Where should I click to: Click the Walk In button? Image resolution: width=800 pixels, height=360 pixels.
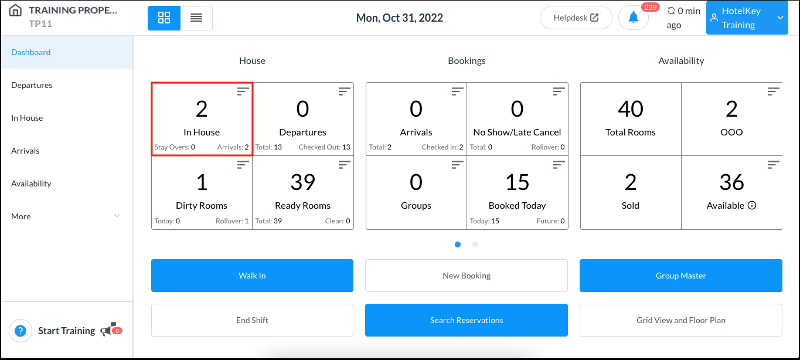click(252, 276)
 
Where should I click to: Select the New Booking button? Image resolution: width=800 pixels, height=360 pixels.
click(467, 276)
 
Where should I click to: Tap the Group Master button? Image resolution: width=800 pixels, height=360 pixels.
click(680, 276)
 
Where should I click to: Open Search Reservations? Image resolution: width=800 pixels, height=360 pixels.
click(467, 320)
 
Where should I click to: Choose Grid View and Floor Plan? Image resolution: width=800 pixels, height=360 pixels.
click(680, 320)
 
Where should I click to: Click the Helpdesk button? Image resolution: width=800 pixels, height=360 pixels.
click(576, 18)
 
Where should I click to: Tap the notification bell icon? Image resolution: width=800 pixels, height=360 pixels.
click(633, 18)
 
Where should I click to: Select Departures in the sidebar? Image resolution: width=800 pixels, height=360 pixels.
click(32, 85)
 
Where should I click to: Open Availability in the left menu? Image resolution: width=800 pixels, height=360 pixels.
click(31, 184)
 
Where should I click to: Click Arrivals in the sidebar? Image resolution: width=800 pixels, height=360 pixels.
click(25, 151)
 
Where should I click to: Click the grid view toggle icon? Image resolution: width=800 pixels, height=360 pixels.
click(164, 18)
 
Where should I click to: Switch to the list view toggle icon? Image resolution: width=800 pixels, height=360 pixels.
click(196, 18)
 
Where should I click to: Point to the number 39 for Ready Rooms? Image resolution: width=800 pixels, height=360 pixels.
click(302, 182)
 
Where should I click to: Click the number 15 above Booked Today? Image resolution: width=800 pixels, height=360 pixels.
click(517, 182)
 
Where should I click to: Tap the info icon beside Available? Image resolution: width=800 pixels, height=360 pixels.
click(752, 206)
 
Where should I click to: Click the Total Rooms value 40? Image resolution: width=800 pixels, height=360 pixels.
click(631, 109)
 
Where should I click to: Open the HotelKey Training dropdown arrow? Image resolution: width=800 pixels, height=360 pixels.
click(780, 18)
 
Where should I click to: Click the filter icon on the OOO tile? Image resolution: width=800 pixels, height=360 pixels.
click(774, 91)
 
